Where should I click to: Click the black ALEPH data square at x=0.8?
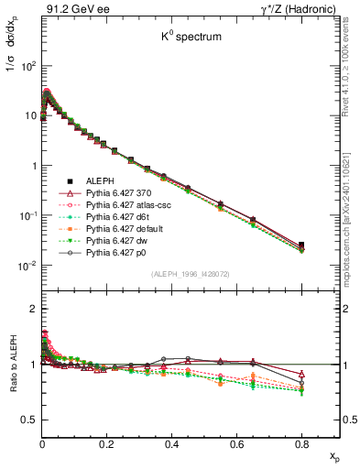pos(302,245)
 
